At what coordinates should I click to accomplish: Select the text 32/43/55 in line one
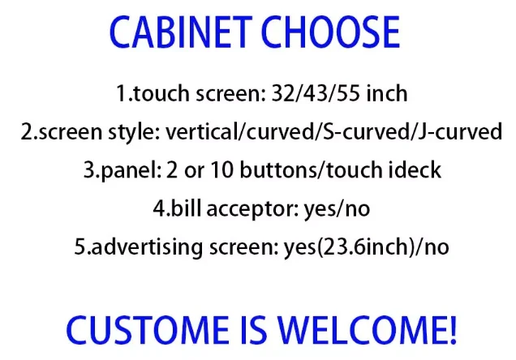(325, 93)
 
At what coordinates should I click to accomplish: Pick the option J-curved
(459, 131)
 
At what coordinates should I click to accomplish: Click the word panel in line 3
(143, 170)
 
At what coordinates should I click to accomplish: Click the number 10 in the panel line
(233, 170)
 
